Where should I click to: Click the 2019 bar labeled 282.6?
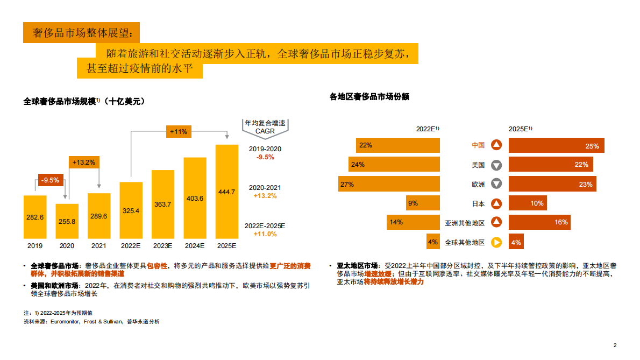click(35, 217)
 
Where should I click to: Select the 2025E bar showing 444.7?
click(226, 192)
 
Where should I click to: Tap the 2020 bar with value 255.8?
click(67, 221)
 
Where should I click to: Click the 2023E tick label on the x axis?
click(162, 246)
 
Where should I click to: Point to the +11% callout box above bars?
click(178, 131)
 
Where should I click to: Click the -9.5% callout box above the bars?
click(51, 180)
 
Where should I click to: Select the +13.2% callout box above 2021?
click(83, 162)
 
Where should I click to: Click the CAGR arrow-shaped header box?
click(265, 127)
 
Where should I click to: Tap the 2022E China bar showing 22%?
click(397, 145)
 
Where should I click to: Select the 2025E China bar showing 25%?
click(557, 145)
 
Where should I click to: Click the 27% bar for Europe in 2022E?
click(389, 184)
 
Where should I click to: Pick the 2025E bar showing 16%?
click(539, 222)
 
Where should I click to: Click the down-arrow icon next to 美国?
click(496, 165)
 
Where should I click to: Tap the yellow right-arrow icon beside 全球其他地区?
click(496, 242)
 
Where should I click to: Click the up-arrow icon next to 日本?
click(496, 203)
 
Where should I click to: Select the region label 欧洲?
click(478, 185)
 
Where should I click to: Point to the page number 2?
click(615, 345)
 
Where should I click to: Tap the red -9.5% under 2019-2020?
click(265, 157)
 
